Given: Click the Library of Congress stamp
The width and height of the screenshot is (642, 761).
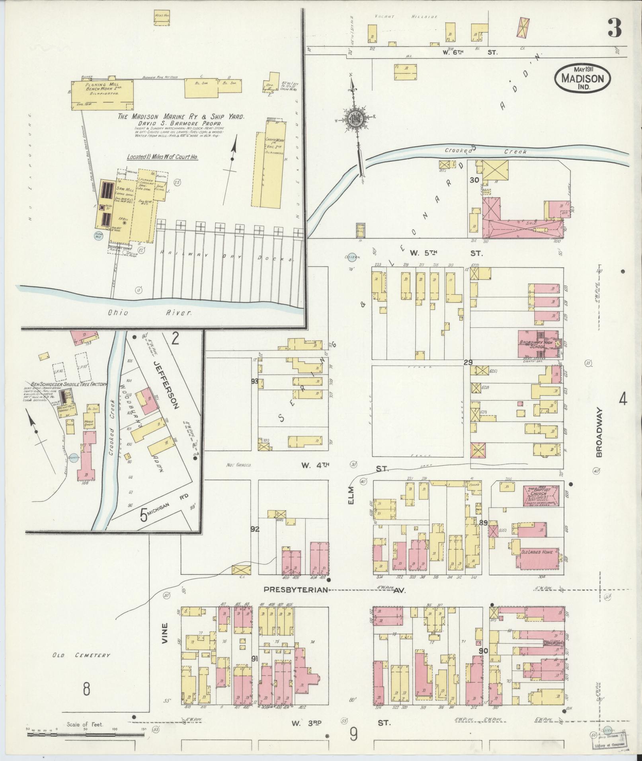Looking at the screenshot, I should coord(608,747).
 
